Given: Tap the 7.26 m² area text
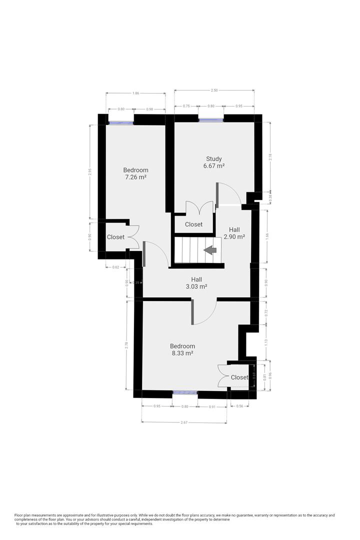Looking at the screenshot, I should [x=135, y=177].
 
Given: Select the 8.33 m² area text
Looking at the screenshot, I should [x=182, y=353].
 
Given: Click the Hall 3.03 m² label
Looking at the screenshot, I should [x=195, y=283].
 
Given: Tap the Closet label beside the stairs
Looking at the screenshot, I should [x=193, y=224].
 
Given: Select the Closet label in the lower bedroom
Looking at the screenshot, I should [x=239, y=377].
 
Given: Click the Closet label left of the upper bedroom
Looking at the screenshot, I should [x=115, y=237].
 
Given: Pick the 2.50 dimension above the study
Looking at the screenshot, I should [x=214, y=90].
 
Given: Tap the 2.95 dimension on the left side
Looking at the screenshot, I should [x=90, y=170].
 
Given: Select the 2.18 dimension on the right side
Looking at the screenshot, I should [x=270, y=156].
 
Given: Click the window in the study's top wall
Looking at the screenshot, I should [x=210, y=119].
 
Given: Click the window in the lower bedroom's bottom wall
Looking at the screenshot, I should [x=185, y=393].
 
